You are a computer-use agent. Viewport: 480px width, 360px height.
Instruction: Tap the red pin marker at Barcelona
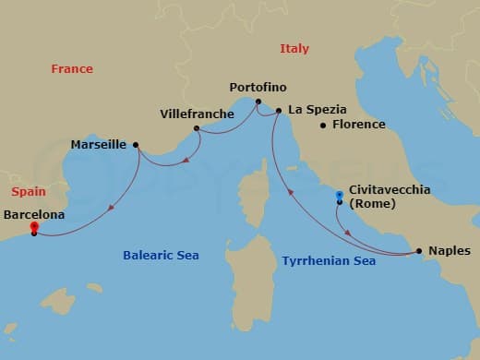[x=34, y=226]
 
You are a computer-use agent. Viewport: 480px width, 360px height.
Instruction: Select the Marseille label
[x=99, y=145]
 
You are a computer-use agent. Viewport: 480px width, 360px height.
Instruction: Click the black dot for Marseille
[x=136, y=144]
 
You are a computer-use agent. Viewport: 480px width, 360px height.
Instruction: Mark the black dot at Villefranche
[x=197, y=128]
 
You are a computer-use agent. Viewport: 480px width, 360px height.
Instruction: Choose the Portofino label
[x=258, y=88]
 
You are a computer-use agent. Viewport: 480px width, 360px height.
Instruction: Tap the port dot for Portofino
[x=258, y=102]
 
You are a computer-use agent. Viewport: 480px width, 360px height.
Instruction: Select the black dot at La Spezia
[x=277, y=111]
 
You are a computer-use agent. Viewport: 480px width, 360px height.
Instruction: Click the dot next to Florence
[x=322, y=126]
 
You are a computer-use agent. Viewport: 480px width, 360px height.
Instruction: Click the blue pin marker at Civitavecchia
[x=340, y=196]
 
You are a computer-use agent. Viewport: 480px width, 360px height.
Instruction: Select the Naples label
[x=450, y=250]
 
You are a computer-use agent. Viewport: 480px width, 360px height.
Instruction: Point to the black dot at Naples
[x=419, y=250]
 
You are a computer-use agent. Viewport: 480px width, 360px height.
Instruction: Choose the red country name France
[x=72, y=68]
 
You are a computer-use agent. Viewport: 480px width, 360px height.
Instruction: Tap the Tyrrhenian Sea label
[x=329, y=261]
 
